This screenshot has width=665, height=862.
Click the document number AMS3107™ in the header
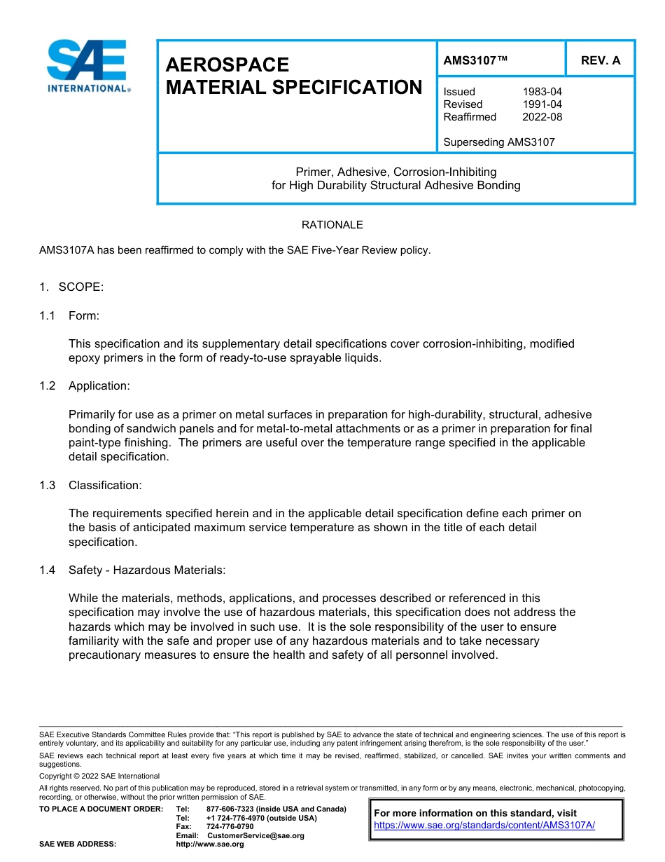click(x=475, y=61)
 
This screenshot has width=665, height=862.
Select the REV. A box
click(x=600, y=61)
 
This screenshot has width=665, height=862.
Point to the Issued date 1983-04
click(x=542, y=92)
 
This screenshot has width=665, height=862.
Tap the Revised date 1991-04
click(x=542, y=104)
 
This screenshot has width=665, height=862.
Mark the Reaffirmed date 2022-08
click(x=542, y=117)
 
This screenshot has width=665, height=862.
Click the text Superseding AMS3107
click(x=498, y=142)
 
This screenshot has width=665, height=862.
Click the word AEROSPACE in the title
click(x=227, y=65)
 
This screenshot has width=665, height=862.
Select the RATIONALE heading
click(x=332, y=225)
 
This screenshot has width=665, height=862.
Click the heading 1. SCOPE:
click(x=71, y=287)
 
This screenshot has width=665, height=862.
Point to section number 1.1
click(x=47, y=315)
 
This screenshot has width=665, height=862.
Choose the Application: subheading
click(x=99, y=386)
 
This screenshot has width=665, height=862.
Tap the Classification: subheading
click(x=105, y=485)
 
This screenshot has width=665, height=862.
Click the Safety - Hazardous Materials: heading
click(x=147, y=570)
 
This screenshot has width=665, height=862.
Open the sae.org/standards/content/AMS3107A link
click(x=484, y=826)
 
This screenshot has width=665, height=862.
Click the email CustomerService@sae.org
click(x=255, y=835)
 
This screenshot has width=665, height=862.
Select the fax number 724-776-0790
click(x=230, y=827)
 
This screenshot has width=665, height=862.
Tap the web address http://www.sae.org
click(x=209, y=844)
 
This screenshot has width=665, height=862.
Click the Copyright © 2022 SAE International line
click(x=99, y=776)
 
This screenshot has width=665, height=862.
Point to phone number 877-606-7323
click(x=230, y=809)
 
